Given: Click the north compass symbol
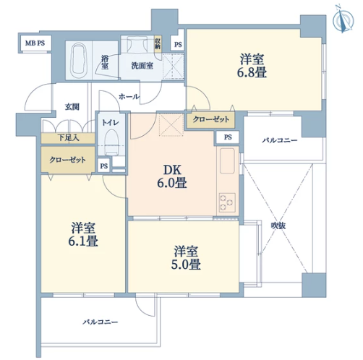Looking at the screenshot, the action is [343, 19].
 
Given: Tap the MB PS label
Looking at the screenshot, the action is [35, 43].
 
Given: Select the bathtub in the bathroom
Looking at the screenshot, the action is [79, 60].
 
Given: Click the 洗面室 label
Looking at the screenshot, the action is [142, 66].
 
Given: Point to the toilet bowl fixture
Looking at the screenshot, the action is [111, 142].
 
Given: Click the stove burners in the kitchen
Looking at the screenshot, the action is [227, 202].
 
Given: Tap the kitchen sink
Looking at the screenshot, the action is [227, 160].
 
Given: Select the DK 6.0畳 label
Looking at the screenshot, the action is [172, 176].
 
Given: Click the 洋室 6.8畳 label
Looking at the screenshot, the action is [252, 66].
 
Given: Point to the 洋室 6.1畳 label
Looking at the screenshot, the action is [83, 234].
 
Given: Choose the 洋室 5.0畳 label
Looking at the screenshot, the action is [186, 257].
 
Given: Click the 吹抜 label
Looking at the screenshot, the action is [278, 226].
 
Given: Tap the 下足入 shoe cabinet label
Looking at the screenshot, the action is [69, 138].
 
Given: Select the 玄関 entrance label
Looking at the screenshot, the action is [72, 107].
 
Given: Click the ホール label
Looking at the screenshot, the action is [129, 97].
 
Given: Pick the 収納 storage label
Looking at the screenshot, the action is [158, 43].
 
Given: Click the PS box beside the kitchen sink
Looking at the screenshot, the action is [228, 137].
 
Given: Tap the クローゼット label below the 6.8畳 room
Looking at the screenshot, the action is [211, 119].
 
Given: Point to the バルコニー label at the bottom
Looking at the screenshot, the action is [101, 322].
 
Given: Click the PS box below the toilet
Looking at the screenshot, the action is [104, 166].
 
